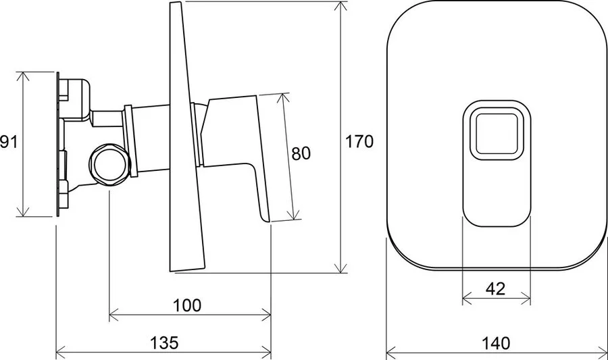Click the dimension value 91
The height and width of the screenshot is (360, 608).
7,143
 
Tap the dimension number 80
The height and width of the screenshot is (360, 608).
301,153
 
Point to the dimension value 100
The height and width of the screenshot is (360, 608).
188,305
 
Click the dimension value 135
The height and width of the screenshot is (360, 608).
164,343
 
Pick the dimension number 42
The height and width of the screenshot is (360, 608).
496,288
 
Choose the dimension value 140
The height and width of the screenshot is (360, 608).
496,343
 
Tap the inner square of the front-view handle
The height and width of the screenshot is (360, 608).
496,132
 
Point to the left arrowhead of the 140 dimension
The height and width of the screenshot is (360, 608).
390,352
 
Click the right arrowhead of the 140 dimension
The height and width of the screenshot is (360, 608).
603,352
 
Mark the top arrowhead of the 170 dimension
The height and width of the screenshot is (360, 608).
339,5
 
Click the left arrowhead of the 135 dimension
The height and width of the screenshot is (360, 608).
59,352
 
